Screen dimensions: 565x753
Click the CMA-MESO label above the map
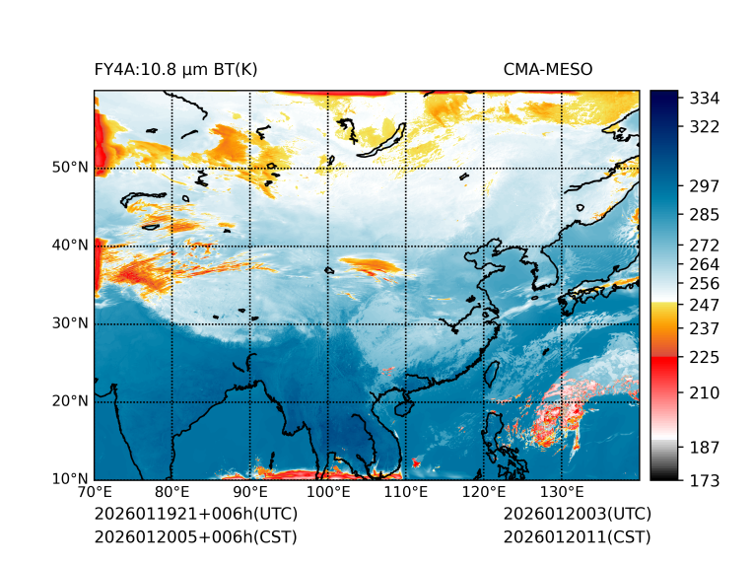[x=547, y=69]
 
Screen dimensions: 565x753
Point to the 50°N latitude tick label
[x=70, y=168]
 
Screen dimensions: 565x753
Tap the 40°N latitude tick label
[x=70, y=246]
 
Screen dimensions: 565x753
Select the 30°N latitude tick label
[x=70, y=323]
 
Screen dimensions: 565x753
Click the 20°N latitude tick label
[x=70, y=401]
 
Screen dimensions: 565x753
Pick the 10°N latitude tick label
[x=70, y=479]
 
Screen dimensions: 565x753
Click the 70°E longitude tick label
[x=95, y=492]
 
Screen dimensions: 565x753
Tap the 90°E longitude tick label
[x=250, y=492]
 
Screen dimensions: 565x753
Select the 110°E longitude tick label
[x=406, y=492]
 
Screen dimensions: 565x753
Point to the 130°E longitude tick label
[x=562, y=492]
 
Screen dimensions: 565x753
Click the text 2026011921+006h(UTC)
[x=195, y=515]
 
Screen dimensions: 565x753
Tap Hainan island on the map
[x=401, y=406]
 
